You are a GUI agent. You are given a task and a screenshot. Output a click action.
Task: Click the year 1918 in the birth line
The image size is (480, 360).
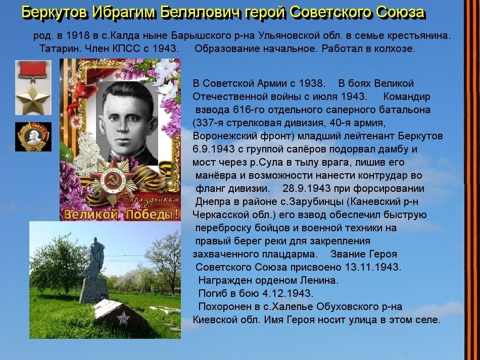[x=78, y=35]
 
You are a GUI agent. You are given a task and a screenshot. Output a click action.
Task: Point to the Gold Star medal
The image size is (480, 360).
[x=33, y=87]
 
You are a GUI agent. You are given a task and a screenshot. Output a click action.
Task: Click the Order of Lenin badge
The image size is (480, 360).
[x=33, y=137]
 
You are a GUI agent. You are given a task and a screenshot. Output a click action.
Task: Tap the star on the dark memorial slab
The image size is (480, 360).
[x=123, y=319]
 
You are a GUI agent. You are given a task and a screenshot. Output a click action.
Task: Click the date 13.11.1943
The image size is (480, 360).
[x=373, y=267]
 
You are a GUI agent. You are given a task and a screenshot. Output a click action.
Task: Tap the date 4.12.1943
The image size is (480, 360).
[x=288, y=293]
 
